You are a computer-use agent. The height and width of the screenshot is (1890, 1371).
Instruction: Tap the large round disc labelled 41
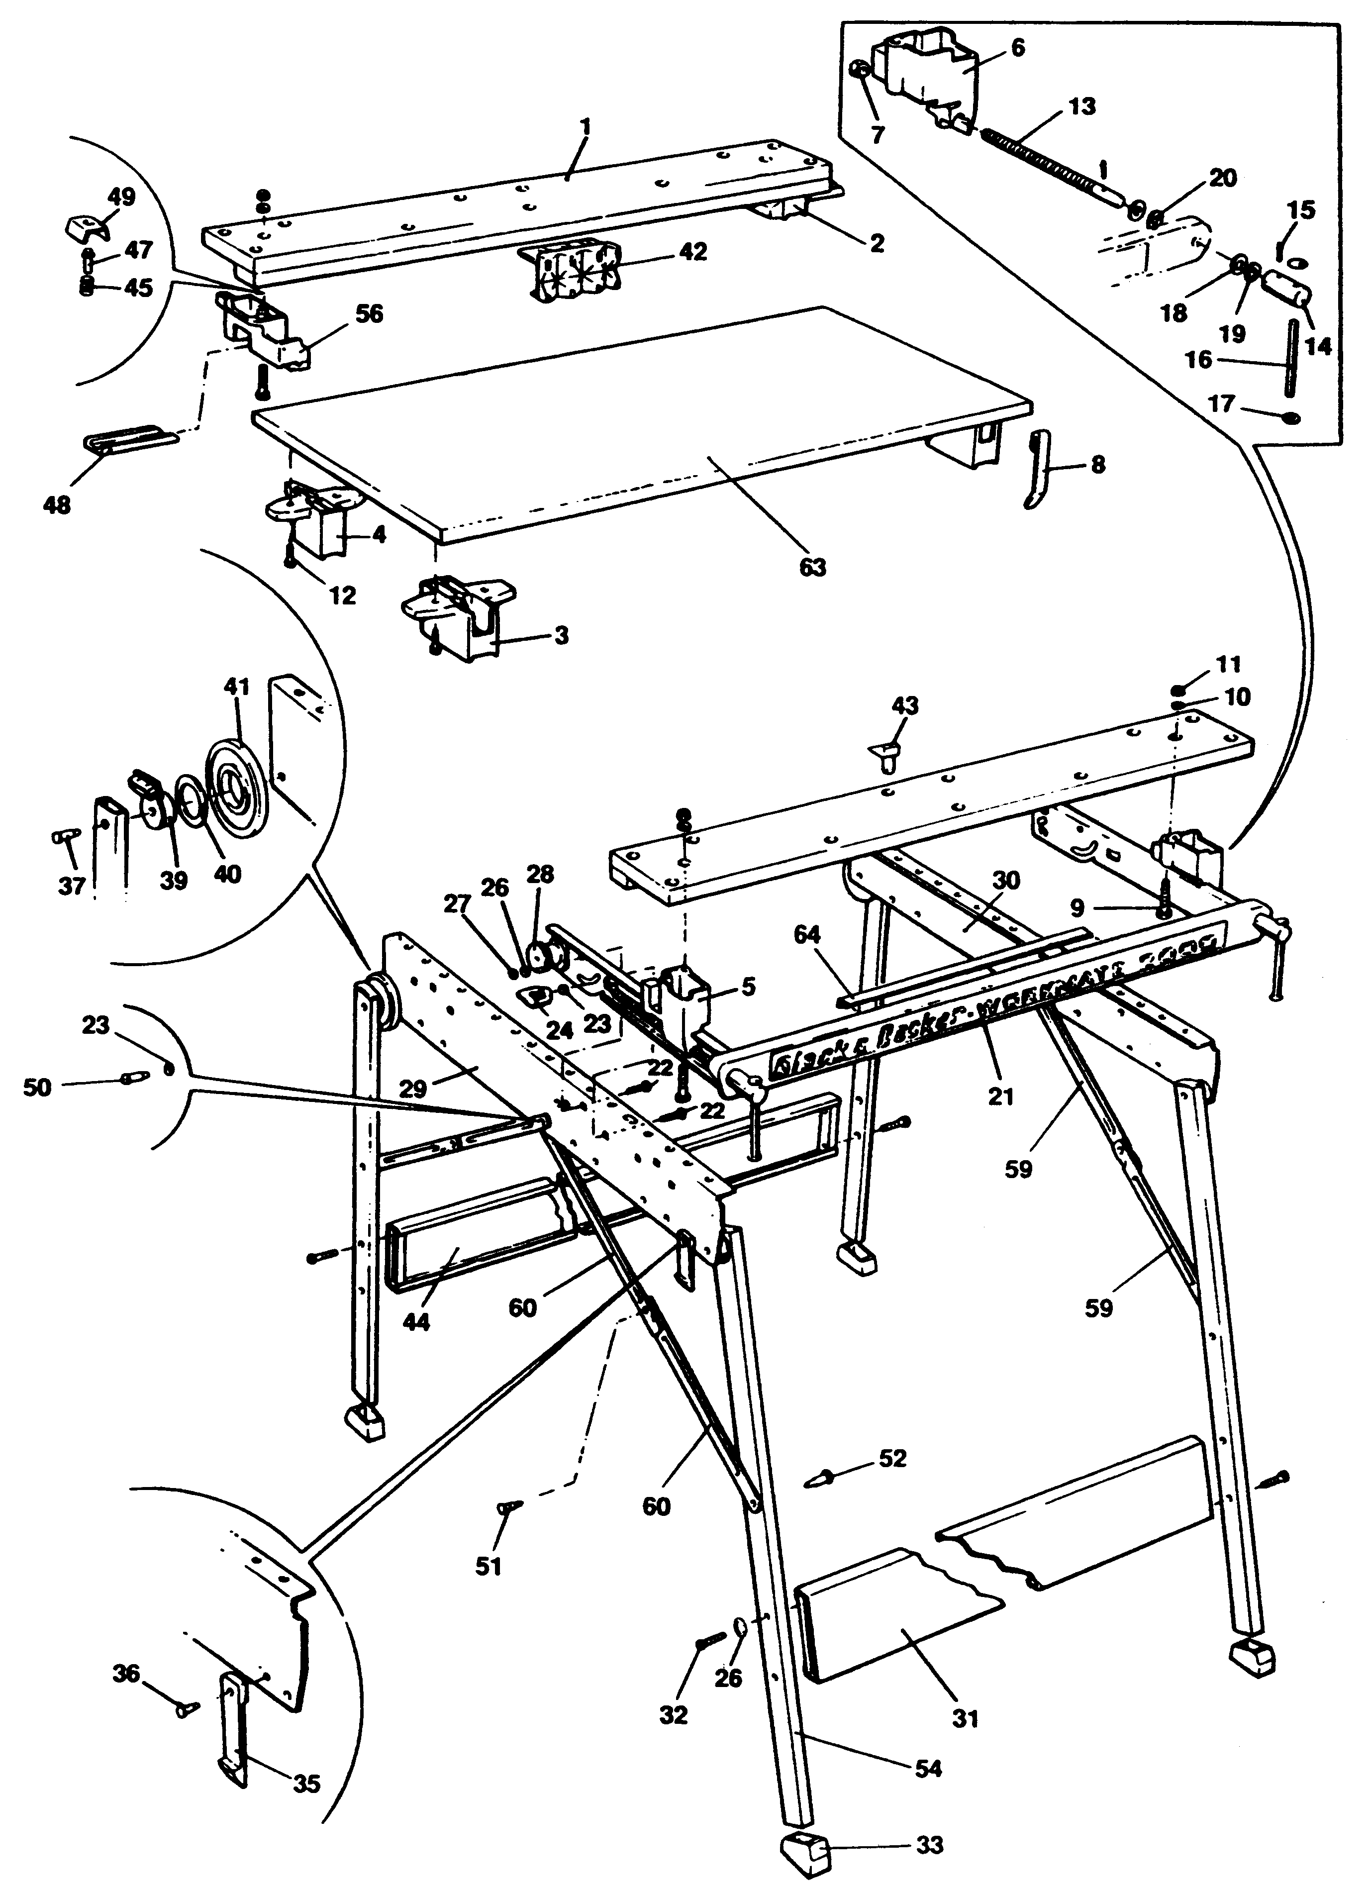click(x=237, y=776)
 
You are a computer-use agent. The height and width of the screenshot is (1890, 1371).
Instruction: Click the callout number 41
click(x=237, y=688)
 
